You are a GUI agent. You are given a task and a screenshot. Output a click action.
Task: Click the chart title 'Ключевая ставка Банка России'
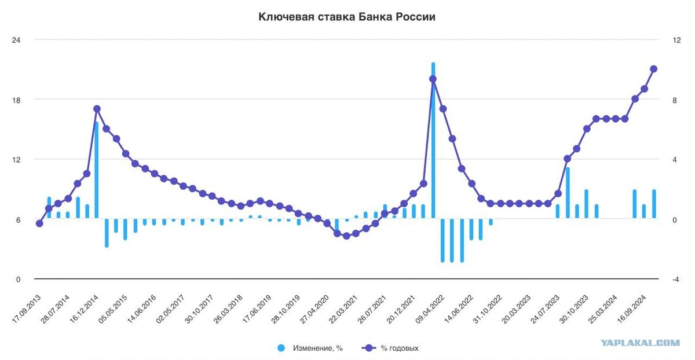click(x=346, y=17)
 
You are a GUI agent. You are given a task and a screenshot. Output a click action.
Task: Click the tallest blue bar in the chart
click(x=433, y=139)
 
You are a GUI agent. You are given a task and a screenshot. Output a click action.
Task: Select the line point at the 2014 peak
click(x=97, y=108)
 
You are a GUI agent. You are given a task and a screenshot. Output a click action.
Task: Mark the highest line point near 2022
click(x=433, y=79)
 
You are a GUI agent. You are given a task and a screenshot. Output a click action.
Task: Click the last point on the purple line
click(x=654, y=69)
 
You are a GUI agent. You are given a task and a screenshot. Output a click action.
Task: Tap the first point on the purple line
click(x=39, y=223)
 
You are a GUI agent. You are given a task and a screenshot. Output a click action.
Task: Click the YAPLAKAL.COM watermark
click(x=640, y=343)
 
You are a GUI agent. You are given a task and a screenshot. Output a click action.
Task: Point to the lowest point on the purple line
click(x=346, y=236)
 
